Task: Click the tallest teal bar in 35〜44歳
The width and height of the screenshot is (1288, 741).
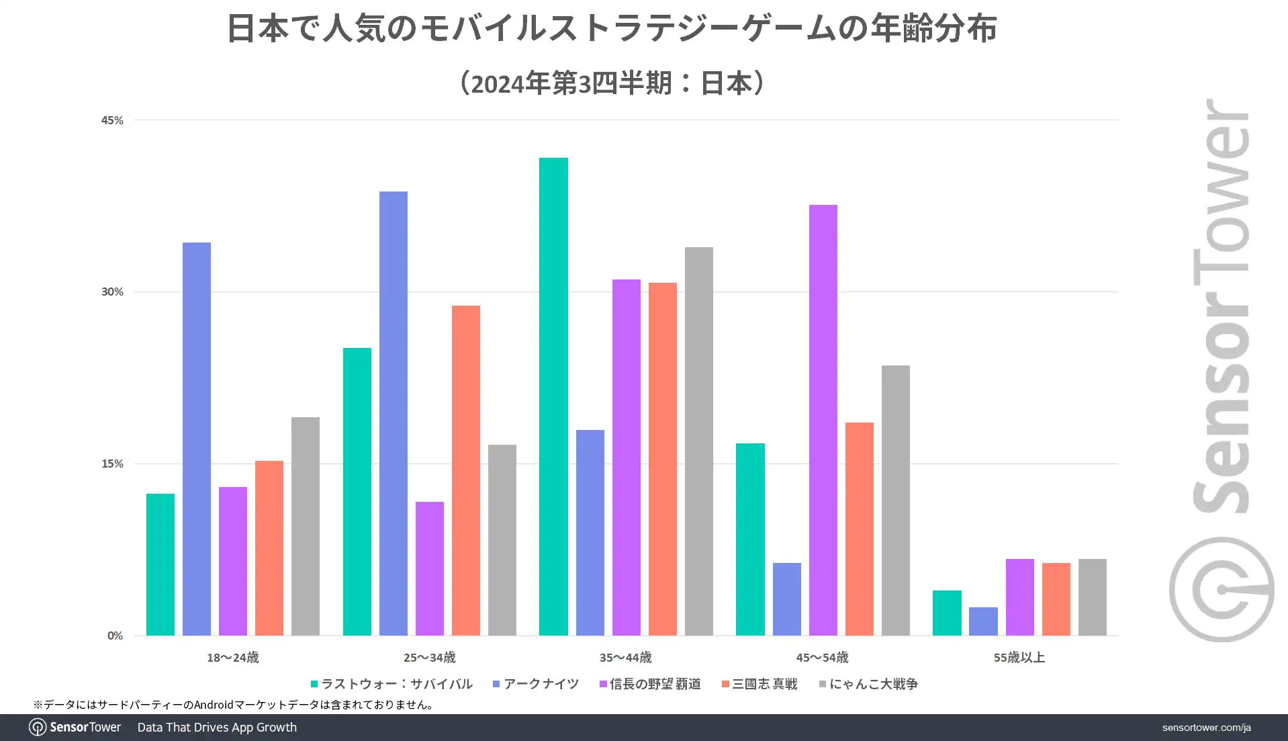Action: pos(553,396)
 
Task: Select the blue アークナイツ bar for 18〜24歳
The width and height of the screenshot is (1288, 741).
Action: pos(197,439)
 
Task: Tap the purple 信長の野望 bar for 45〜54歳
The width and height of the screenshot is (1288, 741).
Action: pos(823,420)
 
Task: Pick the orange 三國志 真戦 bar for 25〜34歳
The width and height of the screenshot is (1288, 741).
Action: pos(466,470)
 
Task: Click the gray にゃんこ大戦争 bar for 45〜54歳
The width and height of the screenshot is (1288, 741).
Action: pos(896,500)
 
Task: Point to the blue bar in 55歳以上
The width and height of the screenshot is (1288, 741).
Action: pos(983,621)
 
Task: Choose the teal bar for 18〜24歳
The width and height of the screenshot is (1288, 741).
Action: pos(160,564)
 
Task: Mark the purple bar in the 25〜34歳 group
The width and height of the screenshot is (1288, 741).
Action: pos(430,568)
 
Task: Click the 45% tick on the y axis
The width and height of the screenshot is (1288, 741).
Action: pos(112,120)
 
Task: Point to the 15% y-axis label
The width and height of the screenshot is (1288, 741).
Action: pos(112,464)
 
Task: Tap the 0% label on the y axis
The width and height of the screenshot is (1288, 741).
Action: pos(115,636)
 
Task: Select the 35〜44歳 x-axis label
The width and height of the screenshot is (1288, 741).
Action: pos(625,658)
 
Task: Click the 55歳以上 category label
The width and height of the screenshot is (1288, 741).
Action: pos(1019,658)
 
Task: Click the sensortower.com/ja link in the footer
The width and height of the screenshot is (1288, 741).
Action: pos(1206,728)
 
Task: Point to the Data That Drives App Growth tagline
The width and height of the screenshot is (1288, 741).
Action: pos(217,728)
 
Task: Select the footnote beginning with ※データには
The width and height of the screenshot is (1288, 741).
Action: pos(234,705)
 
